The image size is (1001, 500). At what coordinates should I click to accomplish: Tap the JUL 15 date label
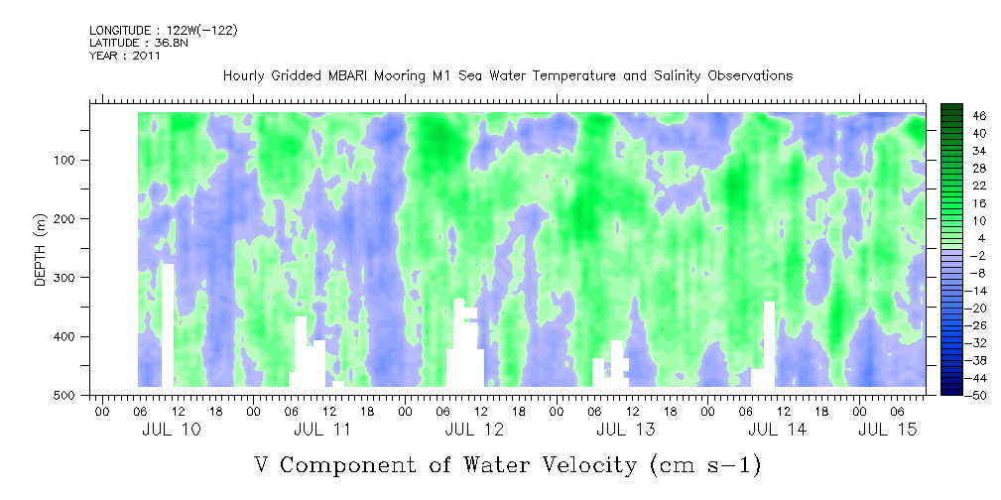(x=886, y=430)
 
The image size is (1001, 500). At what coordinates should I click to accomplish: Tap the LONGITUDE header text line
(x=163, y=31)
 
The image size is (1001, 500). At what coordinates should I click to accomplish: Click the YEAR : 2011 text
(x=125, y=56)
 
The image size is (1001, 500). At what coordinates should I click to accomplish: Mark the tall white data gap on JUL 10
(x=168, y=324)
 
